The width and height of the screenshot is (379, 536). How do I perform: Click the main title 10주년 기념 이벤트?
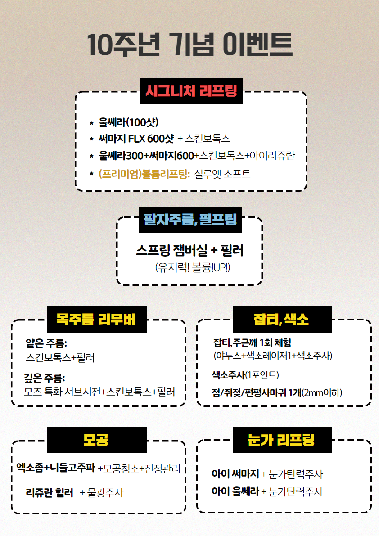click(189, 45)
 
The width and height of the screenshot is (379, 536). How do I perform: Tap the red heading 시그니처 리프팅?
click(191, 91)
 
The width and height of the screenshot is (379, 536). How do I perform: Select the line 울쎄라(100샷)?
click(128, 122)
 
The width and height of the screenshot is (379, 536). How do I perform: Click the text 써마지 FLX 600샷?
click(136, 139)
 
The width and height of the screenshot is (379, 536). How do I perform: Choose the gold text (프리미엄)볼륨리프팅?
click(144, 174)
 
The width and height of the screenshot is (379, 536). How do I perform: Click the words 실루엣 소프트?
click(222, 174)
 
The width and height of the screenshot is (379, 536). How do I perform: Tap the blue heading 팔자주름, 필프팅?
click(190, 219)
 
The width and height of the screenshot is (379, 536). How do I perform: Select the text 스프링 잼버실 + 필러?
click(189, 250)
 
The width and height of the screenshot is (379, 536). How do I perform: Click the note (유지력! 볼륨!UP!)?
click(193, 267)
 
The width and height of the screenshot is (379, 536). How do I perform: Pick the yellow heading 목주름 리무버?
click(96, 319)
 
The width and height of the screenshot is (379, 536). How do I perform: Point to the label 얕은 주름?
click(46, 343)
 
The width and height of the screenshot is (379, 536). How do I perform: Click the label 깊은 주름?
click(45, 378)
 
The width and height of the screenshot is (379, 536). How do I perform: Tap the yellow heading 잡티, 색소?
click(281, 319)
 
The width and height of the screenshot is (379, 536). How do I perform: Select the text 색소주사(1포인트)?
click(245, 375)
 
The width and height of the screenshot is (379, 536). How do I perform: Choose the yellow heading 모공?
click(96, 440)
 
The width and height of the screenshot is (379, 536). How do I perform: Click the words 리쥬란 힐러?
click(50, 493)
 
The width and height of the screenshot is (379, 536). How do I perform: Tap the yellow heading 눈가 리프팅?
click(281, 440)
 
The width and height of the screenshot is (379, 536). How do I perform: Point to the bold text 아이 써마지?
click(235, 474)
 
